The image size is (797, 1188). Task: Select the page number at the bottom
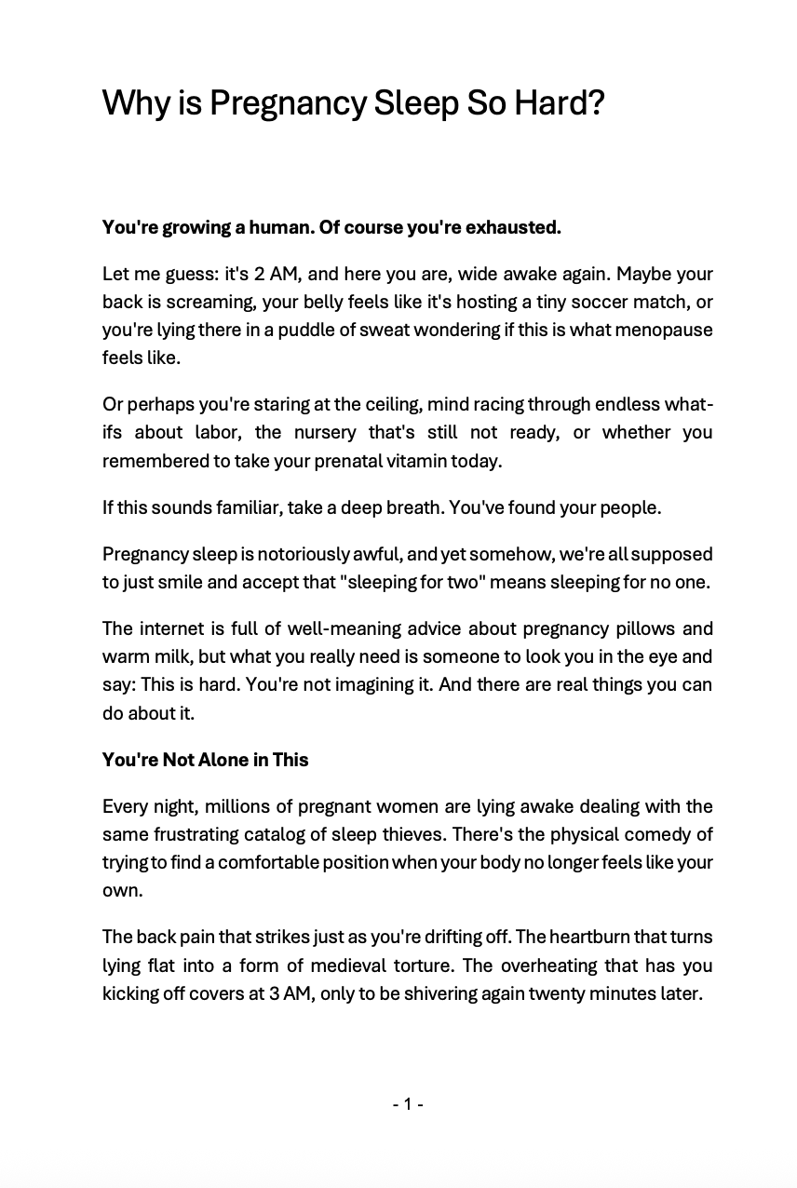pyautogui.click(x=408, y=1104)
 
